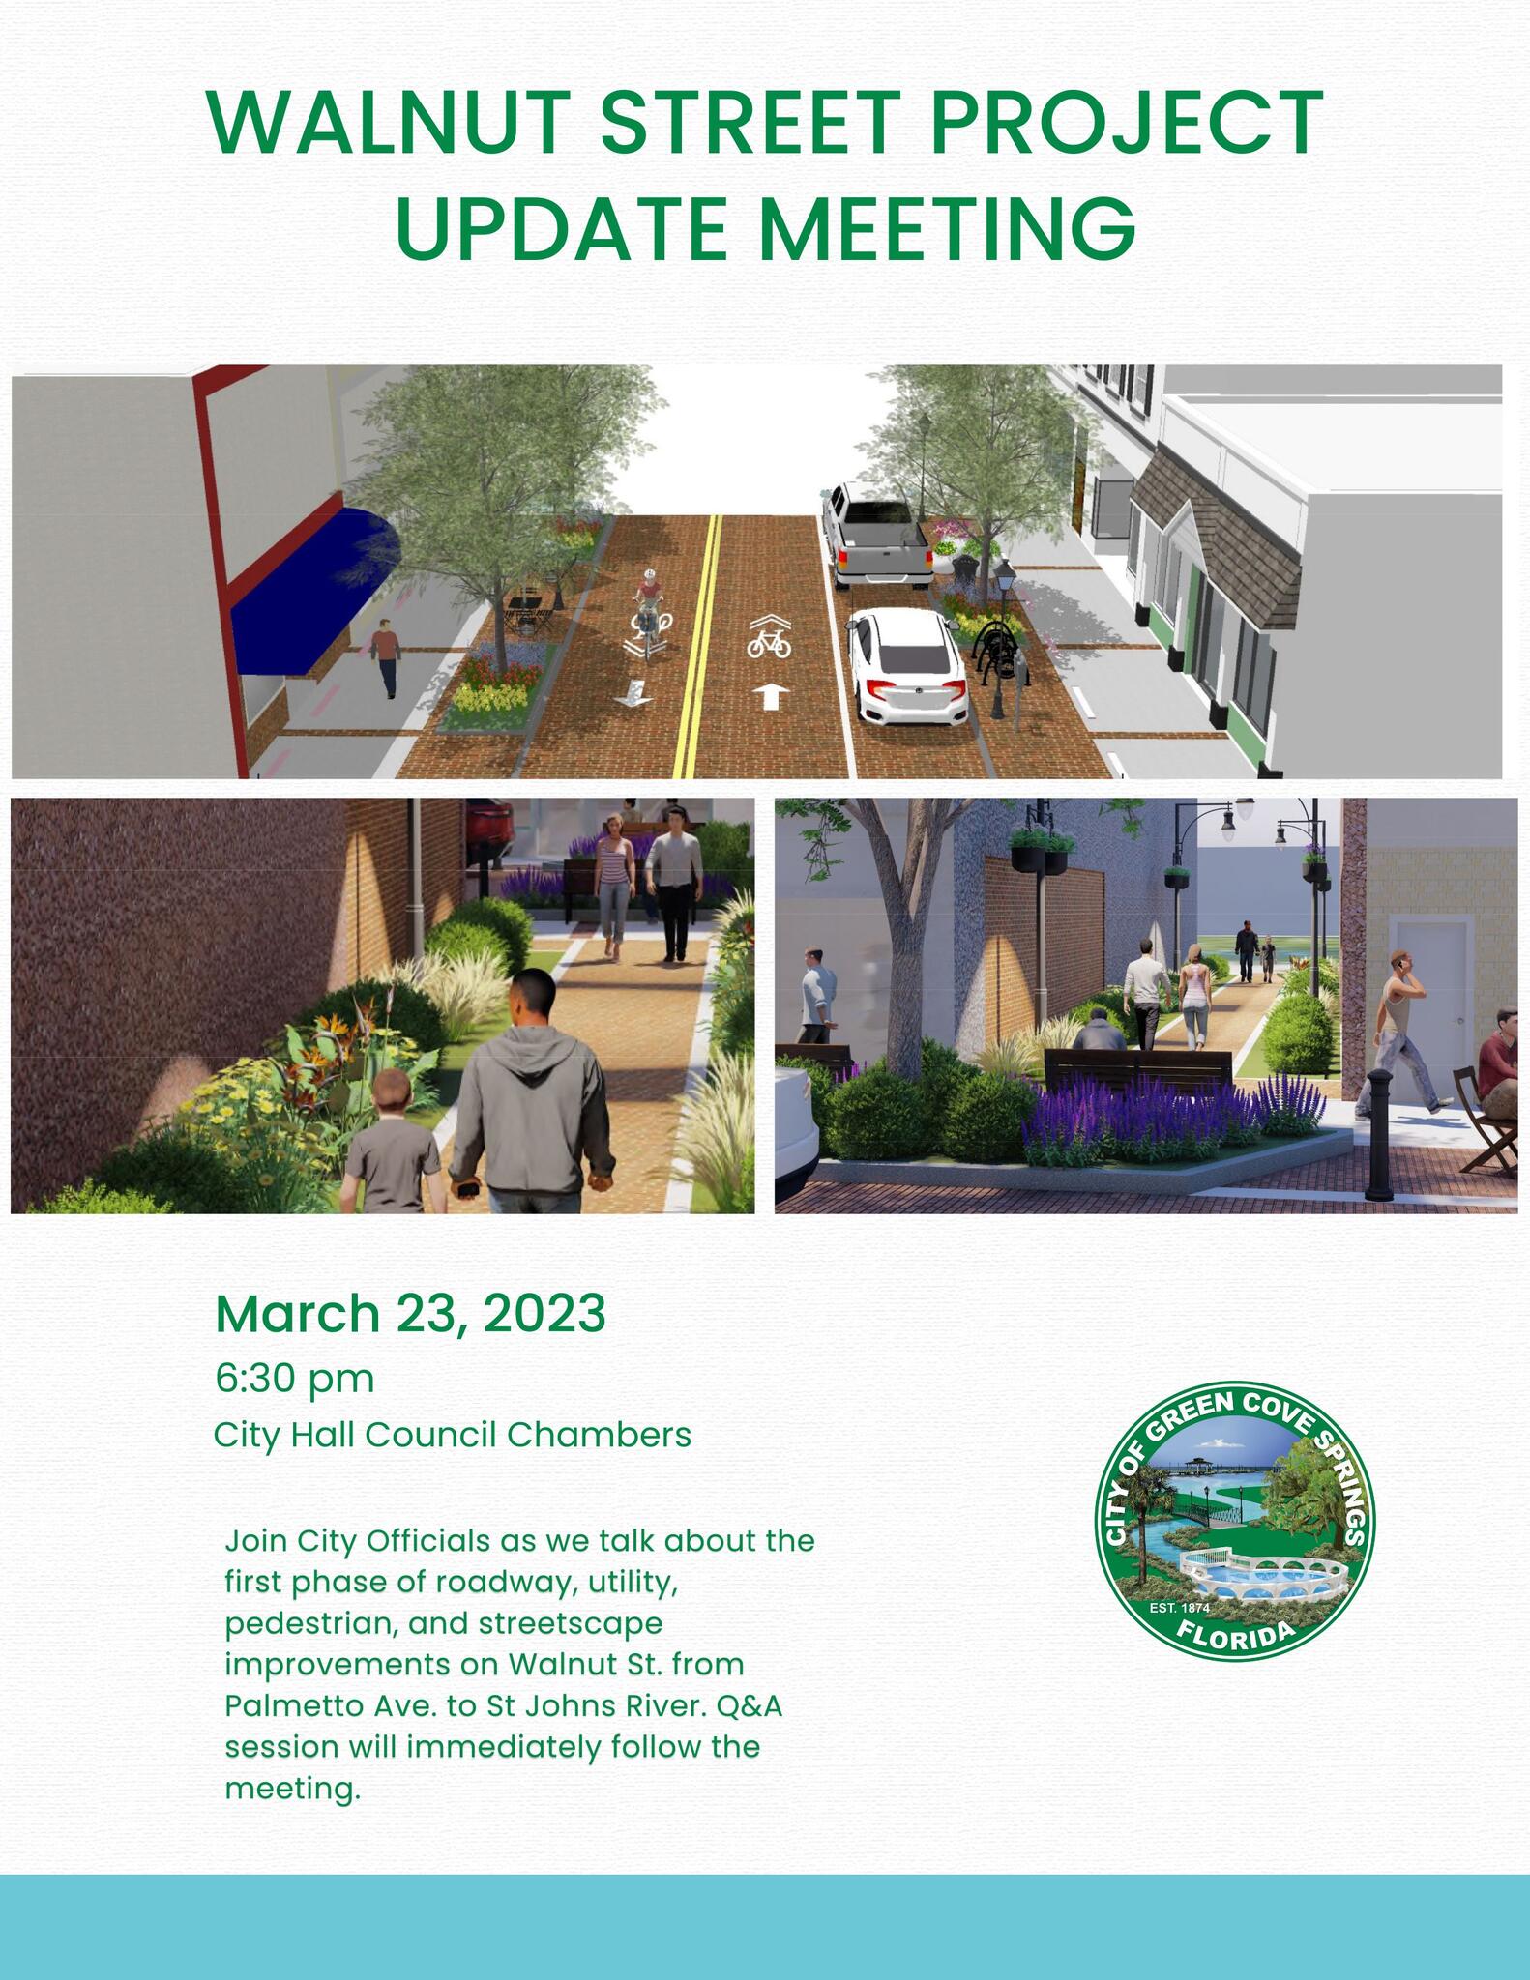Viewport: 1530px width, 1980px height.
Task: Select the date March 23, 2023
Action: (x=410, y=1313)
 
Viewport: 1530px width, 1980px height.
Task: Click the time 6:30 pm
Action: (x=294, y=1378)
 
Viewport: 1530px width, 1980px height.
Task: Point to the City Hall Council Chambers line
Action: (x=452, y=1435)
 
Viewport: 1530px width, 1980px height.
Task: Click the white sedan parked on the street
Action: (x=907, y=668)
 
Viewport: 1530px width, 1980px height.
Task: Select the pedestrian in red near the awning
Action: (x=386, y=656)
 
